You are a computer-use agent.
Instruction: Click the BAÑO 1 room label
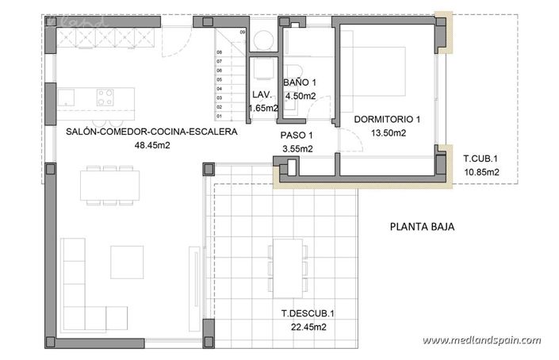point(299,82)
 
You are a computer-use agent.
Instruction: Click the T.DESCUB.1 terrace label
point(307,312)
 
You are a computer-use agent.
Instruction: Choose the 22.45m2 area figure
point(307,326)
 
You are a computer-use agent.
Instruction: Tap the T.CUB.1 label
point(481,159)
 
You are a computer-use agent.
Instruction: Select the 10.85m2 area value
point(481,172)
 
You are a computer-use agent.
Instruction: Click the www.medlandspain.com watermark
point(481,340)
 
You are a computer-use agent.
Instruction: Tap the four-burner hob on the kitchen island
point(105,97)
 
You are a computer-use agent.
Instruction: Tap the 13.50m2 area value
point(388,133)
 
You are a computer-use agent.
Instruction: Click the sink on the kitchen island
point(67,97)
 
